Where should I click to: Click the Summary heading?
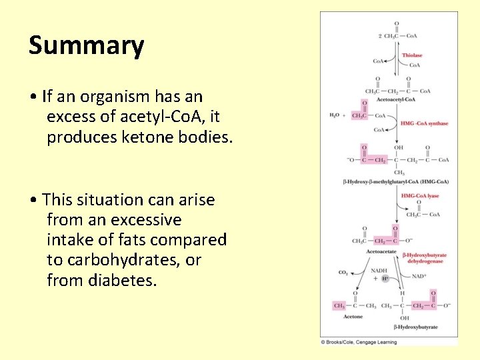86,45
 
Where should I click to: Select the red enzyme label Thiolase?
411,55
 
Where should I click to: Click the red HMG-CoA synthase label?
424,123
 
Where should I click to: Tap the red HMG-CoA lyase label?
419,196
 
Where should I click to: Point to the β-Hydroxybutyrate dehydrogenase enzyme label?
424,258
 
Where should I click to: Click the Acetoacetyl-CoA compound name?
395,99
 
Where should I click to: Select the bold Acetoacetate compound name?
381,251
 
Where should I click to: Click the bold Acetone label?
353,317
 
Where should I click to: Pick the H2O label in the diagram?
334,115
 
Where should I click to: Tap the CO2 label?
343,272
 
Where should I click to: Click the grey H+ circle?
385,278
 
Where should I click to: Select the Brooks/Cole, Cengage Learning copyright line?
359,342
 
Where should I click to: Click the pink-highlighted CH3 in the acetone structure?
339,306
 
